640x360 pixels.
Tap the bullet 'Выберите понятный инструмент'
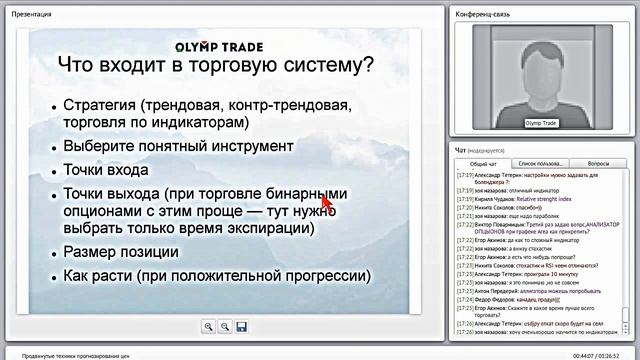(164, 145)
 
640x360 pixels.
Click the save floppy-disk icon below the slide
(241, 326)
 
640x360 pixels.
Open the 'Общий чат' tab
(484, 162)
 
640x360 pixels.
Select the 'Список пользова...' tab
(540, 162)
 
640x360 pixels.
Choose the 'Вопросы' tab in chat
(598, 162)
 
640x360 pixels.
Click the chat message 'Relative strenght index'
(542, 199)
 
